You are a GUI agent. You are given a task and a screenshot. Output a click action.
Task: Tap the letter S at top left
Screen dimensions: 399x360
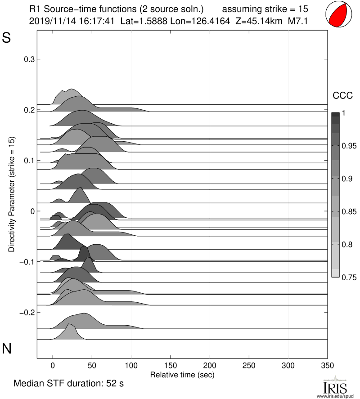pos(7,38)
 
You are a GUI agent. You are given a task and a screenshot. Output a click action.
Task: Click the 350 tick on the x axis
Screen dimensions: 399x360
pos(327,365)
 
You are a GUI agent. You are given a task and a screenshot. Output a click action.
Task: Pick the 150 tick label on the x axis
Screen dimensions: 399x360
pos(171,365)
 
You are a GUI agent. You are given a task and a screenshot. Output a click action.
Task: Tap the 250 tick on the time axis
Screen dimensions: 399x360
pos(249,365)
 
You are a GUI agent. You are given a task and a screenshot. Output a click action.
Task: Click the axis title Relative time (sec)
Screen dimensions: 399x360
pos(181,374)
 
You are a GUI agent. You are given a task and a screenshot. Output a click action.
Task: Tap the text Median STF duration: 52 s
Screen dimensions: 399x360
pos(68,384)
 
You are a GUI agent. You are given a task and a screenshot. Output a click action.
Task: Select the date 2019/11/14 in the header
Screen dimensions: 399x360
pos(49,20)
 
